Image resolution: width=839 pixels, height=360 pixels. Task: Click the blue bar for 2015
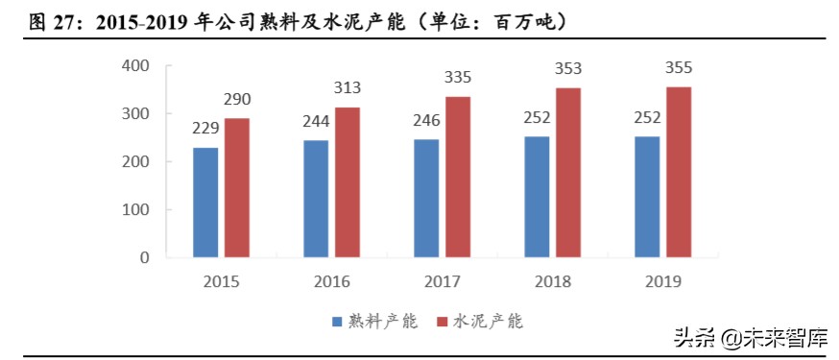coord(205,203)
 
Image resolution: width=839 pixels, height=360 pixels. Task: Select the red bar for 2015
coord(236,188)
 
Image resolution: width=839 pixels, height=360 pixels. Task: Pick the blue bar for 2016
coord(316,199)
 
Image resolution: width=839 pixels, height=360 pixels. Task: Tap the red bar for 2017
coord(457,177)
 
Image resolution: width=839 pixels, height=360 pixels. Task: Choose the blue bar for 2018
coord(537,197)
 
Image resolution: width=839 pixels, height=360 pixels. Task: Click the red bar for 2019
coord(678,172)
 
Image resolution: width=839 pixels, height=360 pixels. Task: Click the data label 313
coord(348,89)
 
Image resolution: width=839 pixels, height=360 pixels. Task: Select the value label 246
coord(426,122)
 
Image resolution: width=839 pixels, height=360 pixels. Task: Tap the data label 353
coord(568,69)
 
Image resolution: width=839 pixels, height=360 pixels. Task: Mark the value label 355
coord(678,68)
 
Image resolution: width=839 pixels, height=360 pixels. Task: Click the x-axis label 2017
coord(443,282)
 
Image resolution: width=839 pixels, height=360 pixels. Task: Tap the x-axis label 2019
coord(663,282)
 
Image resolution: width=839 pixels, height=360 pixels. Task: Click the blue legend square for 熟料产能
coord(337,322)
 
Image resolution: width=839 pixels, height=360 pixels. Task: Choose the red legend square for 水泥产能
coord(443,322)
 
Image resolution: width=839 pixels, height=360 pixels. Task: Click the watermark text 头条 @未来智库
coord(747,339)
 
